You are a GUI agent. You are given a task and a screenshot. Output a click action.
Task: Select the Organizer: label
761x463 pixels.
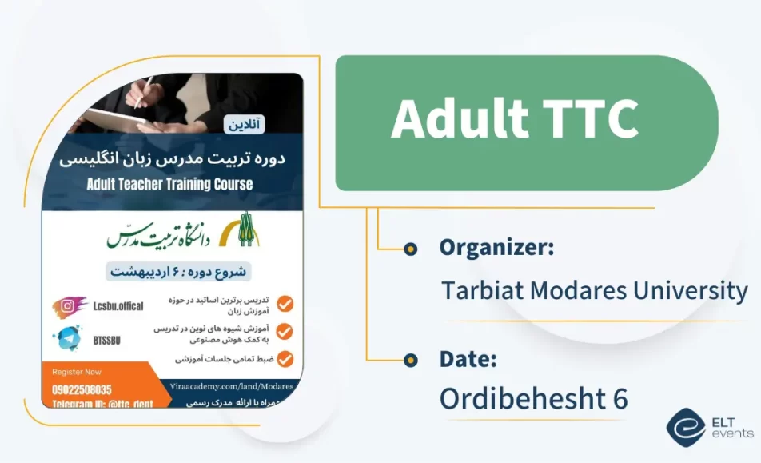pos(496,248)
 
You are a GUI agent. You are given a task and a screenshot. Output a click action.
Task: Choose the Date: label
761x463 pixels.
pos(468,359)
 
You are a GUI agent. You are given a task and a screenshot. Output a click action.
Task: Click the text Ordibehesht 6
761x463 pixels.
pos(534,399)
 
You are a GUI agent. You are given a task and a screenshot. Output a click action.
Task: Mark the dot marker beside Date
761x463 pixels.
pos(411,361)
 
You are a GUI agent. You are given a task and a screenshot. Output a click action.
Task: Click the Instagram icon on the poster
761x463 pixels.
pos(70,306)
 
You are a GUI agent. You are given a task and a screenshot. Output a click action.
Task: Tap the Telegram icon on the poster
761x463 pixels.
pos(70,339)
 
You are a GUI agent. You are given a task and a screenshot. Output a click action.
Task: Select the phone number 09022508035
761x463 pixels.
pos(82,389)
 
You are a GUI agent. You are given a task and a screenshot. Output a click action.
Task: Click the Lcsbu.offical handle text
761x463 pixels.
pos(118,306)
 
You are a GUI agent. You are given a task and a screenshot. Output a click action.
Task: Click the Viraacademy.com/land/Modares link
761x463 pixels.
pos(232,386)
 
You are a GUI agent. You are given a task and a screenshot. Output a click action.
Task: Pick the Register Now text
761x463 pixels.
pos(77,372)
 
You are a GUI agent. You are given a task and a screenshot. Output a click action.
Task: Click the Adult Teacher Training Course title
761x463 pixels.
pos(169,184)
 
